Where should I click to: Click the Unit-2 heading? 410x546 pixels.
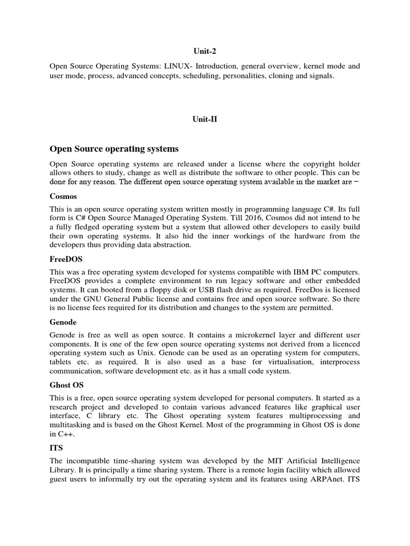click(x=204, y=51)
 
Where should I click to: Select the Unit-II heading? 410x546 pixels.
click(x=204, y=119)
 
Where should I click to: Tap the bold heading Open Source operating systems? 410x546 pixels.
click(x=114, y=148)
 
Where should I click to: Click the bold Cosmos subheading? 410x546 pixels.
click(x=63, y=196)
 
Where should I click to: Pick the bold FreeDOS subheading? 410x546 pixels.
click(x=66, y=259)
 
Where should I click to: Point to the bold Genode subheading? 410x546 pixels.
click(x=63, y=322)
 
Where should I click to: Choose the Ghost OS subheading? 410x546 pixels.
click(x=67, y=384)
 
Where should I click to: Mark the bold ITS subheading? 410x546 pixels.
click(x=57, y=447)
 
